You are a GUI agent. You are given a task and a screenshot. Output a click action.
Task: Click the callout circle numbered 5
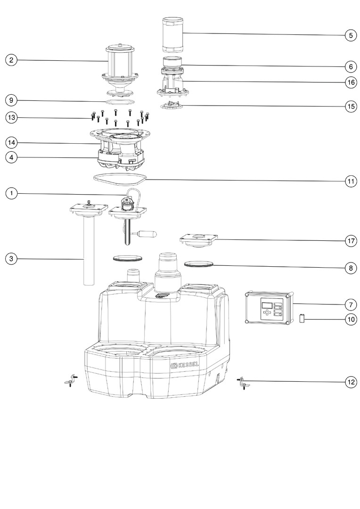pos(350,35)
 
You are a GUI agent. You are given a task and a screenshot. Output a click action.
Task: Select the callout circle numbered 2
pos(11,60)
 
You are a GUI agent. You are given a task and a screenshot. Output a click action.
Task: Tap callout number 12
pos(350,382)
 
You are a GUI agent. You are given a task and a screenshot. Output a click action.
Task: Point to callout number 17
pos(350,241)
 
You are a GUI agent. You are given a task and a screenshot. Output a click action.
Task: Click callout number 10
pos(350,320)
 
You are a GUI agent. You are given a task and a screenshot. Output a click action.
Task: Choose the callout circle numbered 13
pos(11,117)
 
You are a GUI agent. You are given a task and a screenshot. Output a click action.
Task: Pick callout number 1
pos(11,193)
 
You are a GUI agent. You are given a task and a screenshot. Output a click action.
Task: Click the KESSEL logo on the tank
pos(184,366)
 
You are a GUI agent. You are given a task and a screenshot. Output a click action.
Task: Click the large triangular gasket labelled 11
pos(120,178)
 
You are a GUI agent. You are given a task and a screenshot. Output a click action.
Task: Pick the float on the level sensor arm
pos(148,233)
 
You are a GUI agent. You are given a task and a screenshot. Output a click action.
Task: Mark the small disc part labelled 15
pos(171,105)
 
